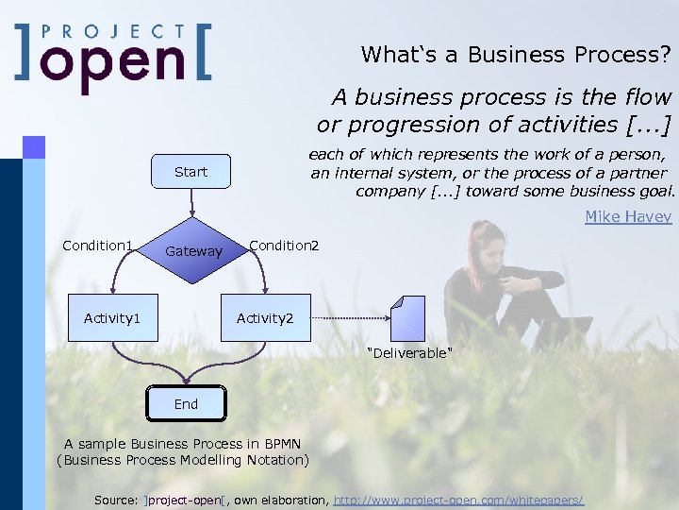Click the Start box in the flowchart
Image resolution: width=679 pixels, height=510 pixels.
tap(190, 172)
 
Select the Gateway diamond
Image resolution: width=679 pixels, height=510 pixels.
tap(193, 251)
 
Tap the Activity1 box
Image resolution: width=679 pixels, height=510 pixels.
tap(112, 318)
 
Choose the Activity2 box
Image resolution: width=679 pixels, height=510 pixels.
tap(265, 318)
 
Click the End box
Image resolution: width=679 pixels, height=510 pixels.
tap(186, 403)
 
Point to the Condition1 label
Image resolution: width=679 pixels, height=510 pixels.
tap(97, 246)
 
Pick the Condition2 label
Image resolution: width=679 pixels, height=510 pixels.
tap(284, 246)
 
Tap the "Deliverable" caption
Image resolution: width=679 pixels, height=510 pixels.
tap(409, 353)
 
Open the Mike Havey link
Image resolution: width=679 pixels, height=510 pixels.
tap(628, 216)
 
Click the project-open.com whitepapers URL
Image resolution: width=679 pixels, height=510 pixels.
tap(459, 499)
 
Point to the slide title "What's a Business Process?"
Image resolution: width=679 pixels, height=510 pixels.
tap(516, 55)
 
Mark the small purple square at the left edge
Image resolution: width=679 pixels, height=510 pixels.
tap(34, 146)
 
